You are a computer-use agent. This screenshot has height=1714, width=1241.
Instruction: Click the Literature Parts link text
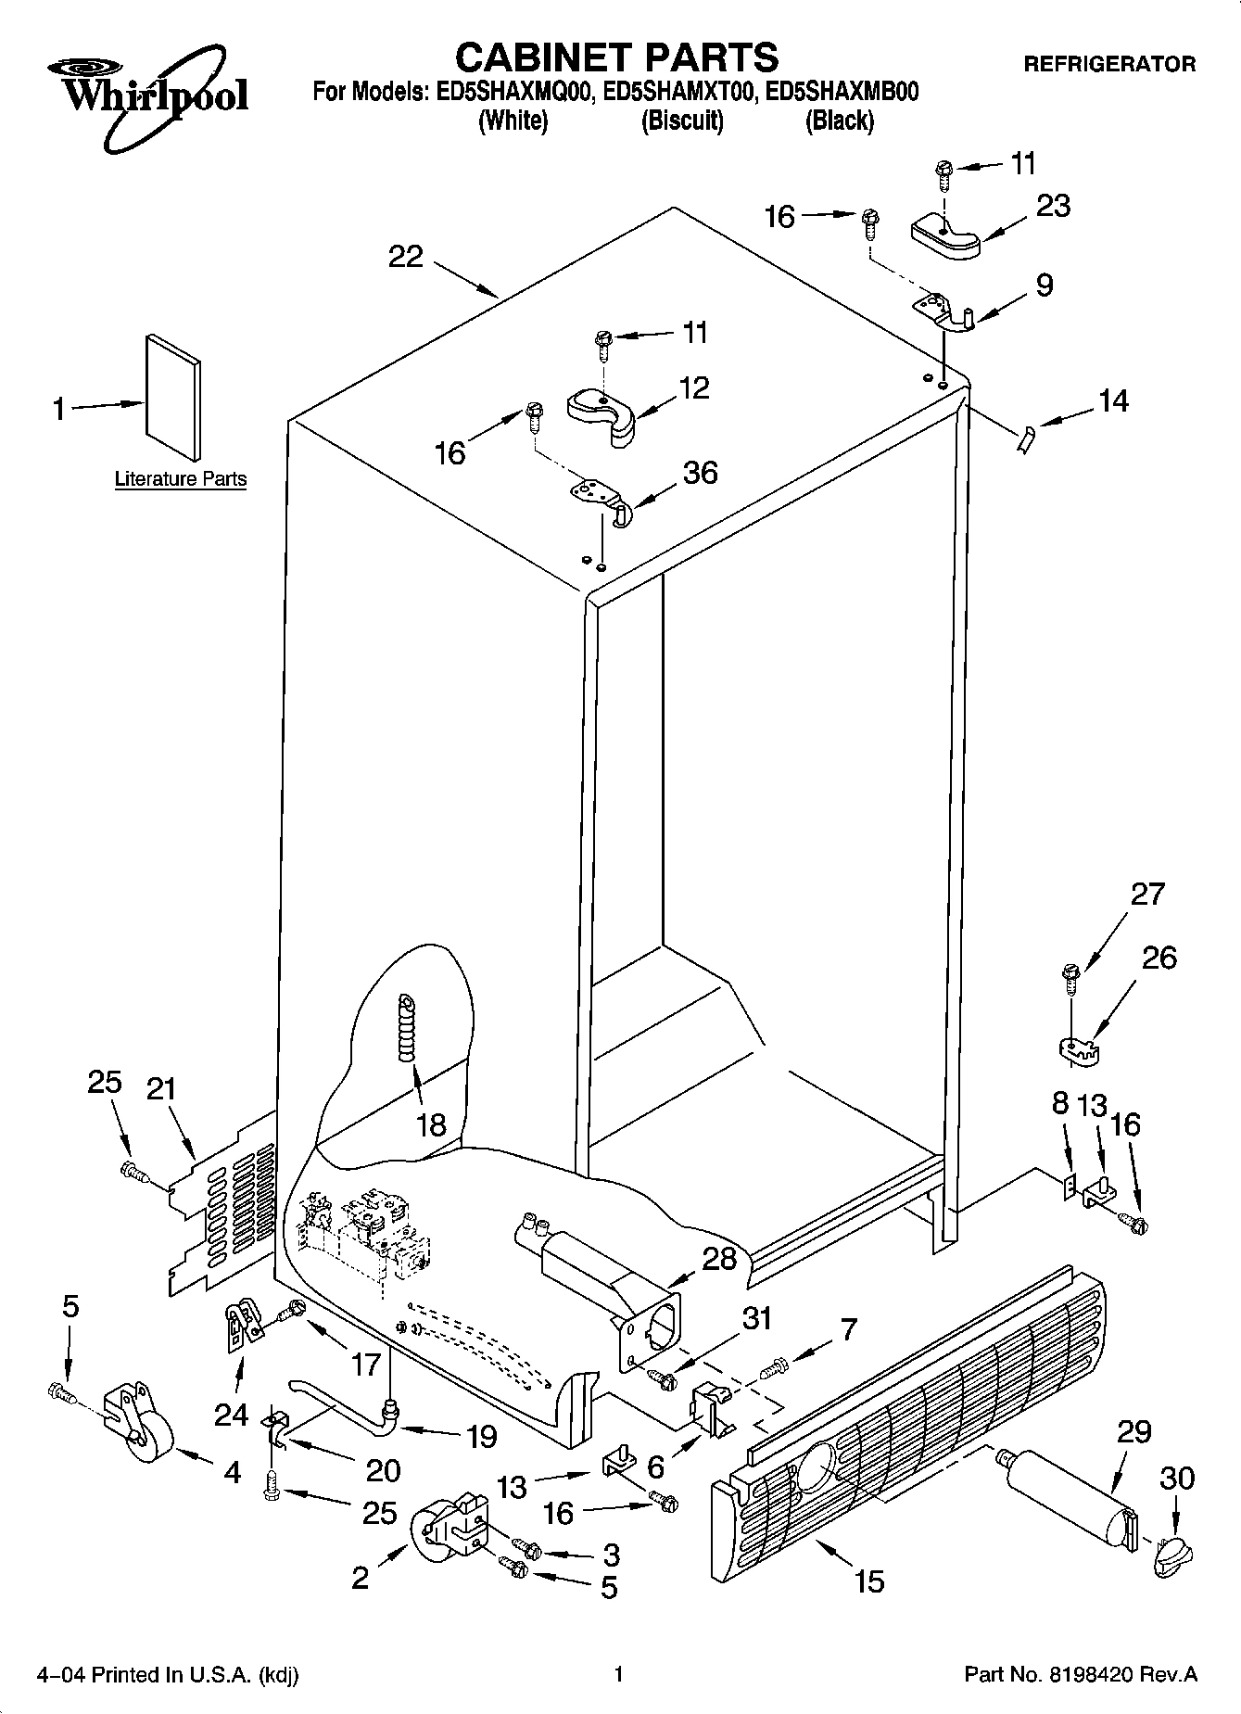click(x=181, y=479)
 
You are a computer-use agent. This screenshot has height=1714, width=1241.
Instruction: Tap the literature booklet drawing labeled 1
click(x=171, y=397)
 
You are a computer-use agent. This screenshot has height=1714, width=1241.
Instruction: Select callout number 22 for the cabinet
click(x=406, y=257)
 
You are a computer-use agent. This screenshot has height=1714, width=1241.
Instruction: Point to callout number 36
click(x=700, y=473)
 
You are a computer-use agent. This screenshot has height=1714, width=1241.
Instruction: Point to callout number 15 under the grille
click(x=869, y=1581)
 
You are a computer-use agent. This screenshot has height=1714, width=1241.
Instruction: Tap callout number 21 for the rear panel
click(x=161, y=1089)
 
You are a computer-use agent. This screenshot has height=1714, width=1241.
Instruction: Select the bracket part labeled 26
click(x=1077, y=1048)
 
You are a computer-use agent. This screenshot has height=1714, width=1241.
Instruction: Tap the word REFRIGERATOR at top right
click(x=1108, y=64)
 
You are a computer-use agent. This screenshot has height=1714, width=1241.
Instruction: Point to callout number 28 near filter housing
click(x=719, y=1258)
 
